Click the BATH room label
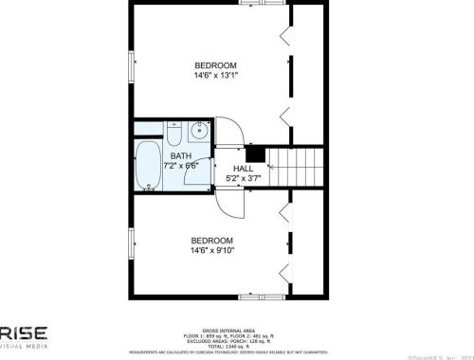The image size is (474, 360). (181, 155)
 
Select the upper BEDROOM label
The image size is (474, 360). (215, 64)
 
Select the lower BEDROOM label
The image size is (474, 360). (212, 240)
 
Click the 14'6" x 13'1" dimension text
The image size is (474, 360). (215, 75)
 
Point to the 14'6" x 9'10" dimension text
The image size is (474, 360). (212, 251)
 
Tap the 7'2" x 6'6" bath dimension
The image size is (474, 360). (181, 167)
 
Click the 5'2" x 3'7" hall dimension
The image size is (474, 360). (243, 177)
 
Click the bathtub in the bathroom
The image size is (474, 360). (149, 168)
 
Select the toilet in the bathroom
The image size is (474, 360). (175, 131)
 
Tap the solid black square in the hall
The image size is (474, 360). (253, 153)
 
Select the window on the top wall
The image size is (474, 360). (271, 3)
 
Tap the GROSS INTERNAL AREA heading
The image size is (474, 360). (236, 332)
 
